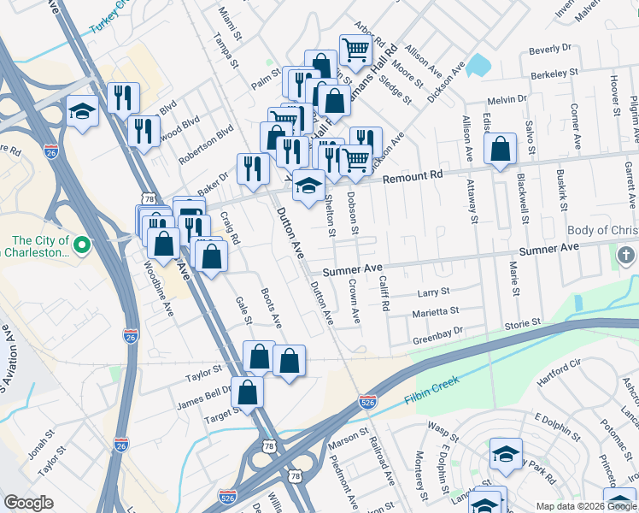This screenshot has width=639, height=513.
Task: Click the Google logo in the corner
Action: pos(29,503)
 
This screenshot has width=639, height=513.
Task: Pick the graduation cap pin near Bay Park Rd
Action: pos(505,454)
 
